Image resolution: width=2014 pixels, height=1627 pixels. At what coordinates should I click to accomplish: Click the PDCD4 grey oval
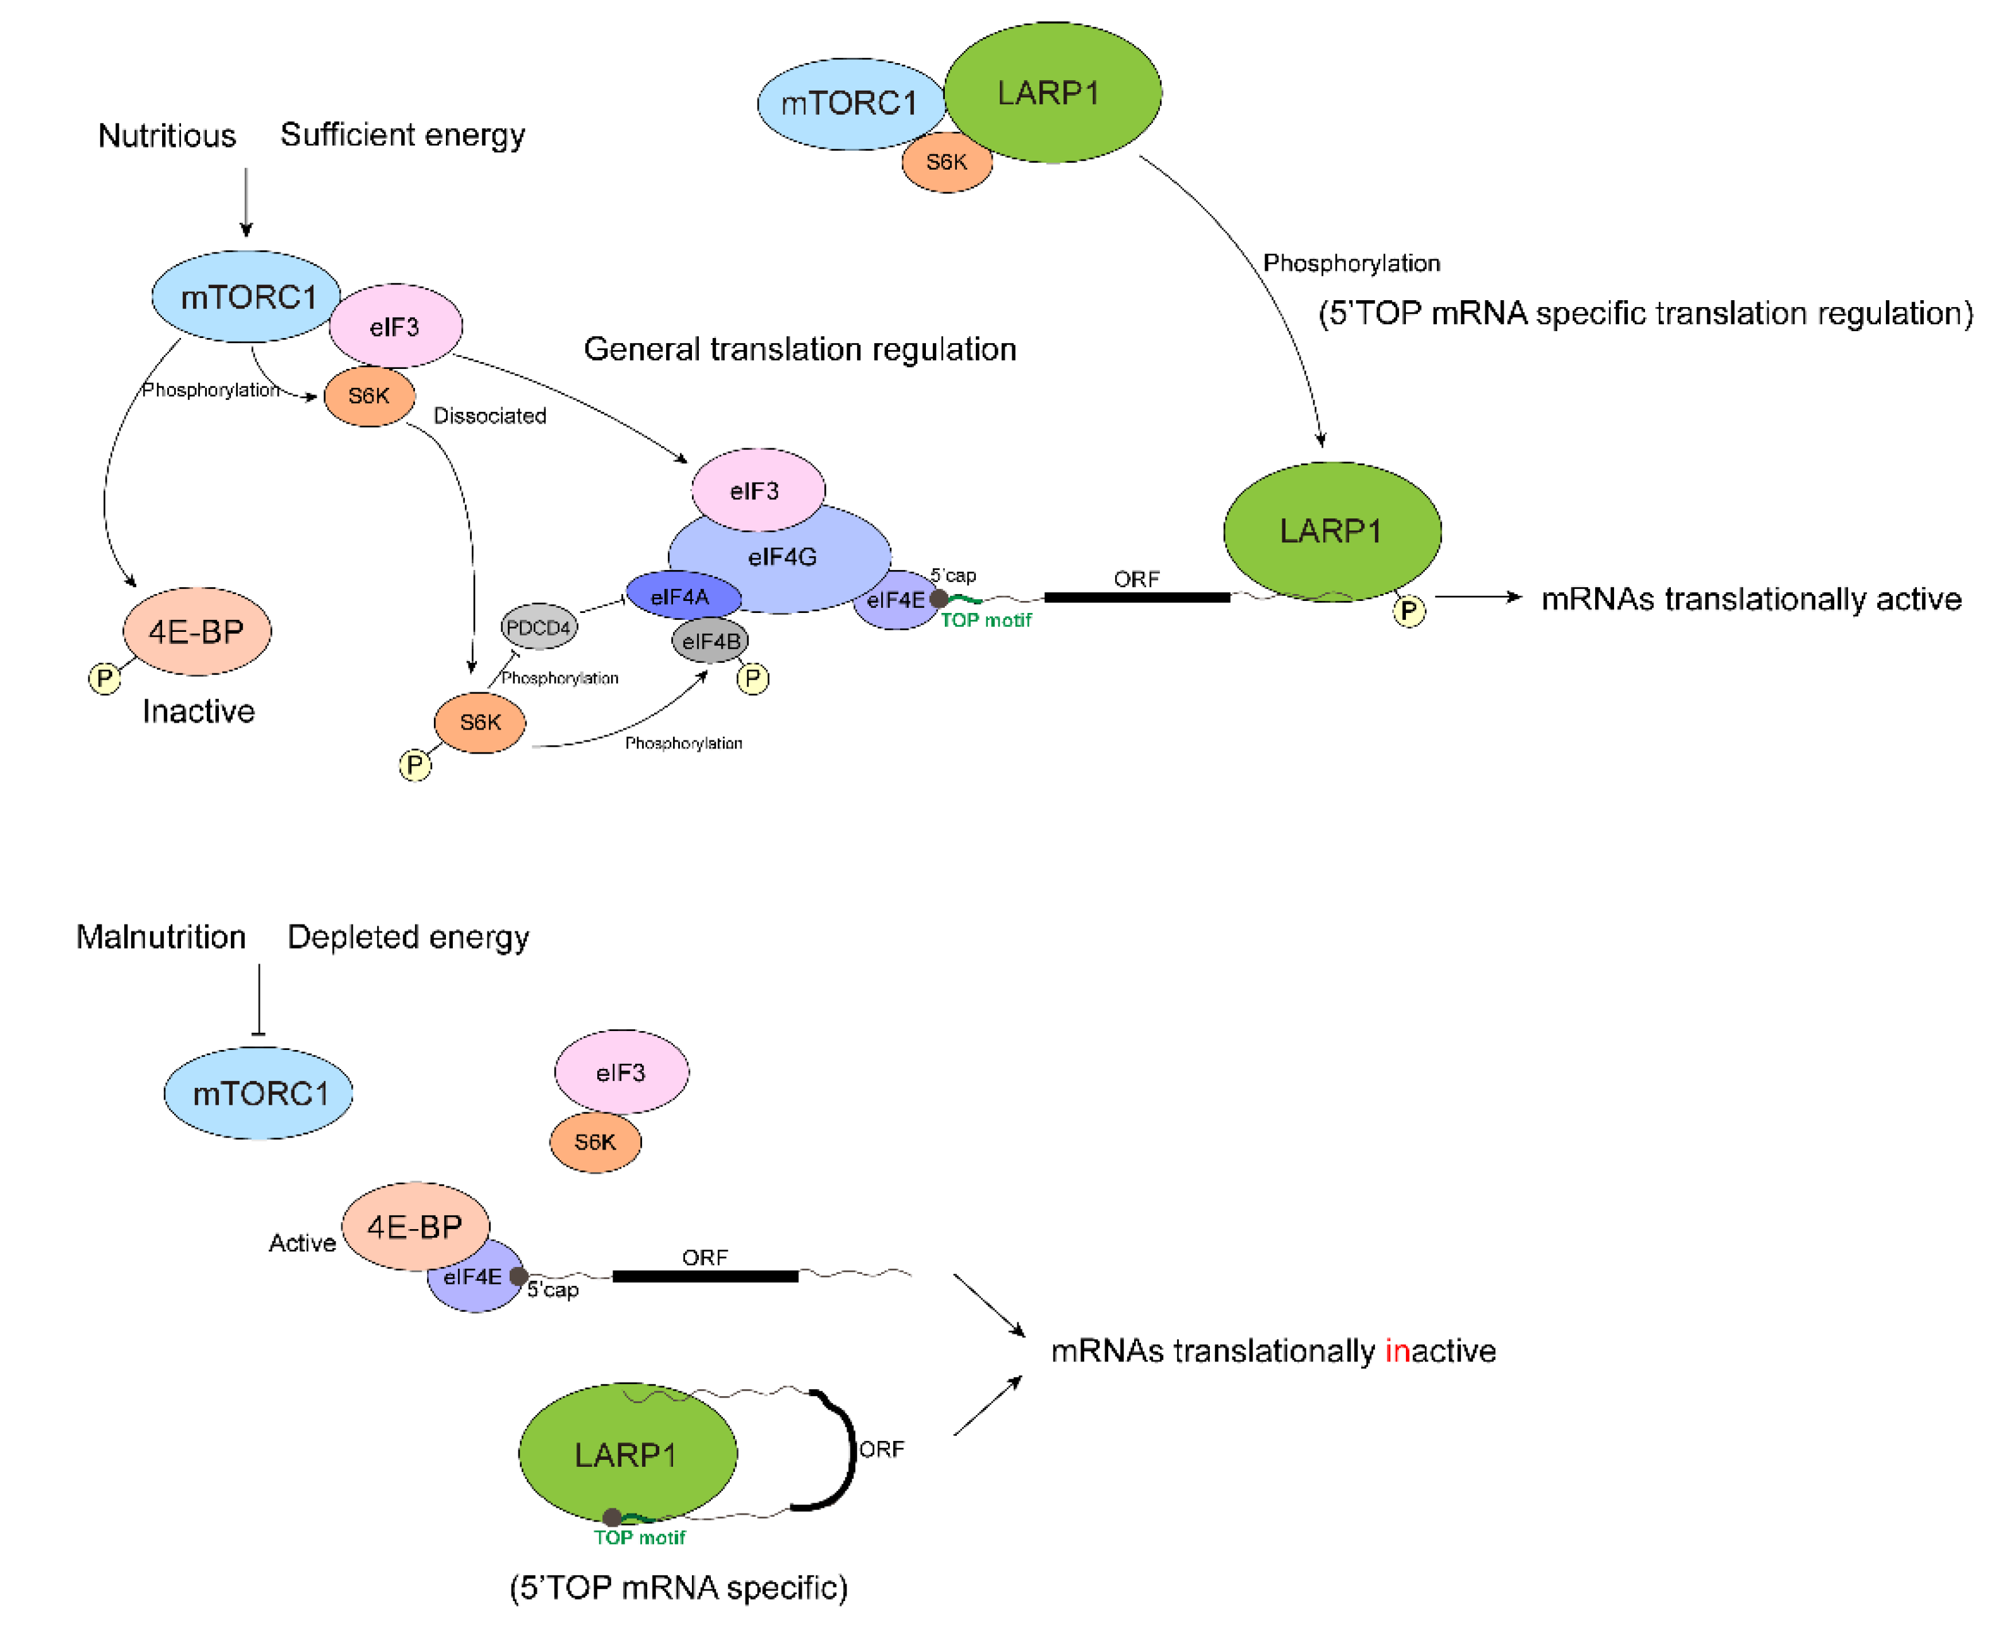tap(539, 627)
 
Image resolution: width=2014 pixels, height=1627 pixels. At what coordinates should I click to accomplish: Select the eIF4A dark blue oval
tap(682, 596)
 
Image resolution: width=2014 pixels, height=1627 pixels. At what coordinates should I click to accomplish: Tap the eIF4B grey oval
tap(710, 641)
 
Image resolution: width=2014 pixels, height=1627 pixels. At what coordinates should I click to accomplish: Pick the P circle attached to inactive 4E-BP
tap(104, 678)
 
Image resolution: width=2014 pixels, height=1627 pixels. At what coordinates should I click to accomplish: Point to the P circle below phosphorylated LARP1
tap(1408, 611)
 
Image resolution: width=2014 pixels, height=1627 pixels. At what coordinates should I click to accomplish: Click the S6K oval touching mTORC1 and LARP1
tap(947, 163)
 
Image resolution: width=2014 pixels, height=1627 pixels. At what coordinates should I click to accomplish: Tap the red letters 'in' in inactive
tap(1396, 1351)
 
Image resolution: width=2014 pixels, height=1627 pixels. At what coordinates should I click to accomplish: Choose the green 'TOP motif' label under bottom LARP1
tap(639, 1537)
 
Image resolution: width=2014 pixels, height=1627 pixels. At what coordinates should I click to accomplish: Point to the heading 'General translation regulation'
tap(799, 349)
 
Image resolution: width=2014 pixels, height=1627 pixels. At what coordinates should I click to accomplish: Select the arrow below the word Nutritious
tap(247, 202)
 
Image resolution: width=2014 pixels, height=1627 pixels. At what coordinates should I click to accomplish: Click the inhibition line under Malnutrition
tap(259, 1000)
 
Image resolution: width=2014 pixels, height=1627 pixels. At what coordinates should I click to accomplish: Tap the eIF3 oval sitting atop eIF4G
tap(758, 490)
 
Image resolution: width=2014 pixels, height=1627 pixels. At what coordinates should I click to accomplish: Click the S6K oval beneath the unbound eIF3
tap(595, 1141)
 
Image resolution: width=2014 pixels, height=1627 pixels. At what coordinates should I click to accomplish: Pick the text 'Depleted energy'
tap(407, 937)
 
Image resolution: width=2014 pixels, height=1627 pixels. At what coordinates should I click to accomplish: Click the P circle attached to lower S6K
tap(415, 766)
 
